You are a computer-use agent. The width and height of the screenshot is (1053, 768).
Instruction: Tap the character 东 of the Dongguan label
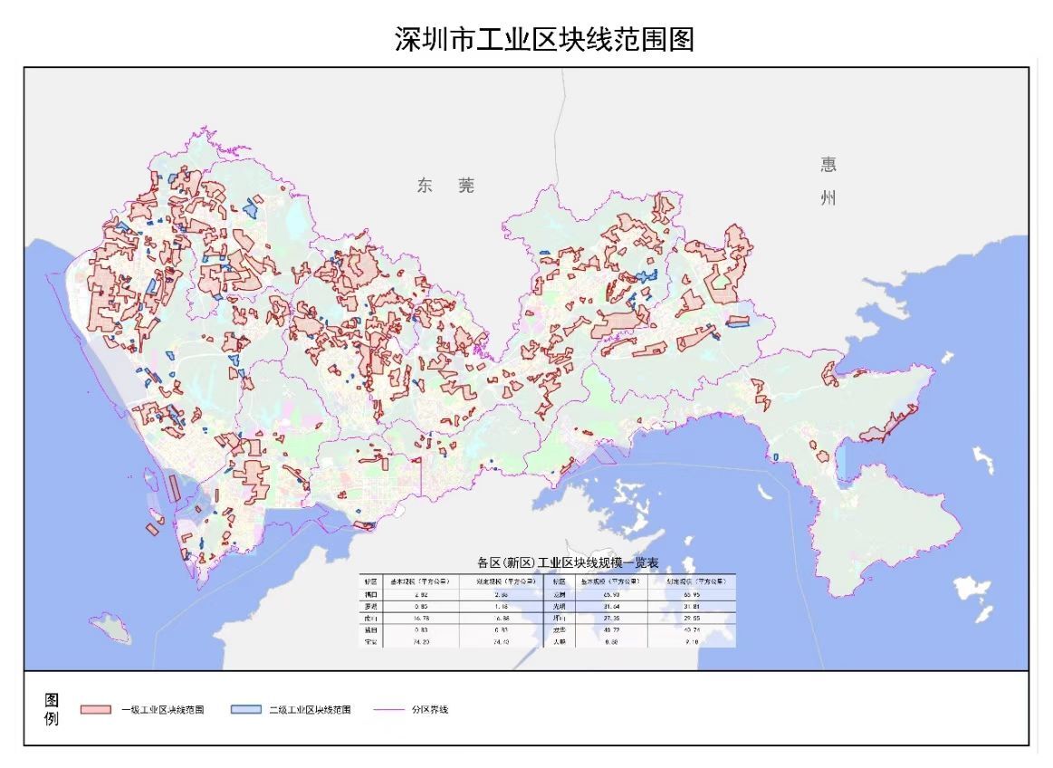tap(426, 186)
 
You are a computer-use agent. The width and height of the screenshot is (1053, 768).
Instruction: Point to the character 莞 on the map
tap(465, 186)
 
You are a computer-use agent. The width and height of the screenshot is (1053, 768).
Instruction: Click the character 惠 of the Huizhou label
tap(828, 164)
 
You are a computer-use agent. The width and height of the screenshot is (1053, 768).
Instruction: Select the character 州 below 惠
tap(828, 198)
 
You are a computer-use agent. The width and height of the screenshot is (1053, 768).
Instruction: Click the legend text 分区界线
tap(429, 709)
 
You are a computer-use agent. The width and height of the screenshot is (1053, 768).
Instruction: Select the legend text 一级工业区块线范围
tap(162, 709)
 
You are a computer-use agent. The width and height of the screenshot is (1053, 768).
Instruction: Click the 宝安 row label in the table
tap(370, 640)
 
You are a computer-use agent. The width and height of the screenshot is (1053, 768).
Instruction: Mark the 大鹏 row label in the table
tap(559, 640)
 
